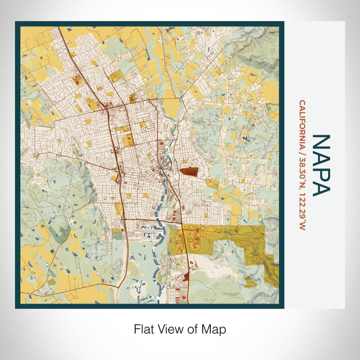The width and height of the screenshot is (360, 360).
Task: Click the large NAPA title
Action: coord(320,165)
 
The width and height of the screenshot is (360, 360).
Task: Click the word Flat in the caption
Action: coord(143,329)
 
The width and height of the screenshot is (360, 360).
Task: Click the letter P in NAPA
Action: coord(320,172)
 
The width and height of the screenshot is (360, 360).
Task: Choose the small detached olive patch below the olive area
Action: coord(250,282)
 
